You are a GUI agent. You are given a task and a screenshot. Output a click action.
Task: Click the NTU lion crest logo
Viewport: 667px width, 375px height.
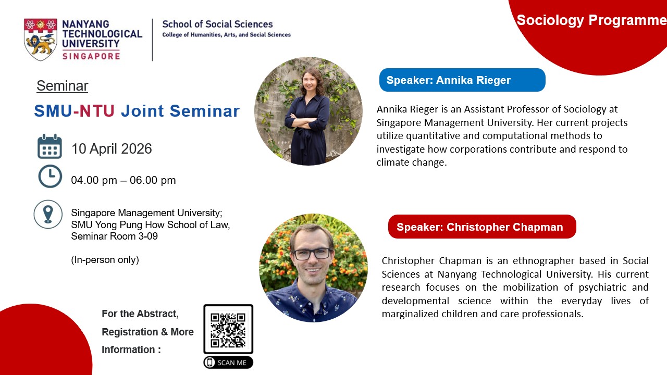41,39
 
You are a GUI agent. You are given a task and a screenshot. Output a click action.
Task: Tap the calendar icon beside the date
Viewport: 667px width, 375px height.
50,146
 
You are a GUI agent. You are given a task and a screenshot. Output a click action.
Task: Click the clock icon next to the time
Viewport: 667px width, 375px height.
50,176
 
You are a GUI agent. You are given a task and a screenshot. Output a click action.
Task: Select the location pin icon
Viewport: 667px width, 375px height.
48,214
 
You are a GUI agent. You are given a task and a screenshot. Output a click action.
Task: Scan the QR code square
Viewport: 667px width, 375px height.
228,329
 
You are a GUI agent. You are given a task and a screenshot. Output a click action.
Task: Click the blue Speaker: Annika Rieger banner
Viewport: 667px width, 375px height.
462,80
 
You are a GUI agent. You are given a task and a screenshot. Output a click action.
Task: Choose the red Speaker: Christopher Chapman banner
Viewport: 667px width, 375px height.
482,227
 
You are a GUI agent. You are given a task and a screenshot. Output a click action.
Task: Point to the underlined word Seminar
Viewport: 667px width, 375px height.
62,86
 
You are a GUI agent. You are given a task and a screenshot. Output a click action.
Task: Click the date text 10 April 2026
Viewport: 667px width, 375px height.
112,149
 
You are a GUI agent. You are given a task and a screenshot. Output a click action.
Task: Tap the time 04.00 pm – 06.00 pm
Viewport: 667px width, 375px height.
123,180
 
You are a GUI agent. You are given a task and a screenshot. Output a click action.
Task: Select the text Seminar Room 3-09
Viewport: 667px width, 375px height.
114,236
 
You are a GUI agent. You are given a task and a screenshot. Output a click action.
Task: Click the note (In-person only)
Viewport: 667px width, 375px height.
105,260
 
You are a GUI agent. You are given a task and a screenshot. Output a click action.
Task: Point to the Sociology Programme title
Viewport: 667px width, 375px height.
591,20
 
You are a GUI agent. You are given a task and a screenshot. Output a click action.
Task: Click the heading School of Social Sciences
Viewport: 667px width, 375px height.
217,24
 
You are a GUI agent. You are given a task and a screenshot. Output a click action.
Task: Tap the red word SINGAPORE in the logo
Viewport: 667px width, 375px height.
91,56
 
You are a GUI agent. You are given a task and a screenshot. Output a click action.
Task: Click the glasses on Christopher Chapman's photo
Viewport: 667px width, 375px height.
312,254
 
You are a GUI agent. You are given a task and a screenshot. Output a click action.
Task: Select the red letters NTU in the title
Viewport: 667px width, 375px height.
97,111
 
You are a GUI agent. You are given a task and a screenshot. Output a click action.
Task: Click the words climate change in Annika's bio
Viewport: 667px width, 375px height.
412,162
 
